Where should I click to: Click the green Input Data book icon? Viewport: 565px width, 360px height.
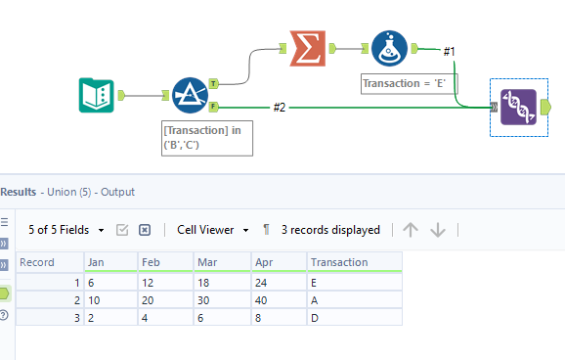coord(96,96)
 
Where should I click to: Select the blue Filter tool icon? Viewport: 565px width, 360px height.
coord(191,96)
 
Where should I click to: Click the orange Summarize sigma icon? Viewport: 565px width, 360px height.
coord(306,47)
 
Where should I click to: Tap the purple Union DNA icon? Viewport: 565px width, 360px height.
coord(518,107)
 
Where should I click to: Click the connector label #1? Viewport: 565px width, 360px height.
coord(451,50)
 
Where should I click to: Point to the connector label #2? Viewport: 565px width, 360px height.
coord(280,106)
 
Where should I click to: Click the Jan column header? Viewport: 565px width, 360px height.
coord(96,262)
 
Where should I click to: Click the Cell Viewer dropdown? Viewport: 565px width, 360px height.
coord(211,230)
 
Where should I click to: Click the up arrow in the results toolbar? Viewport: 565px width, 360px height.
coord(411,230)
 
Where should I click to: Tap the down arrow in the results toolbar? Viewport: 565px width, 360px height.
coord(438,230)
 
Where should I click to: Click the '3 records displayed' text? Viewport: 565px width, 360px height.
coord(330,230)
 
